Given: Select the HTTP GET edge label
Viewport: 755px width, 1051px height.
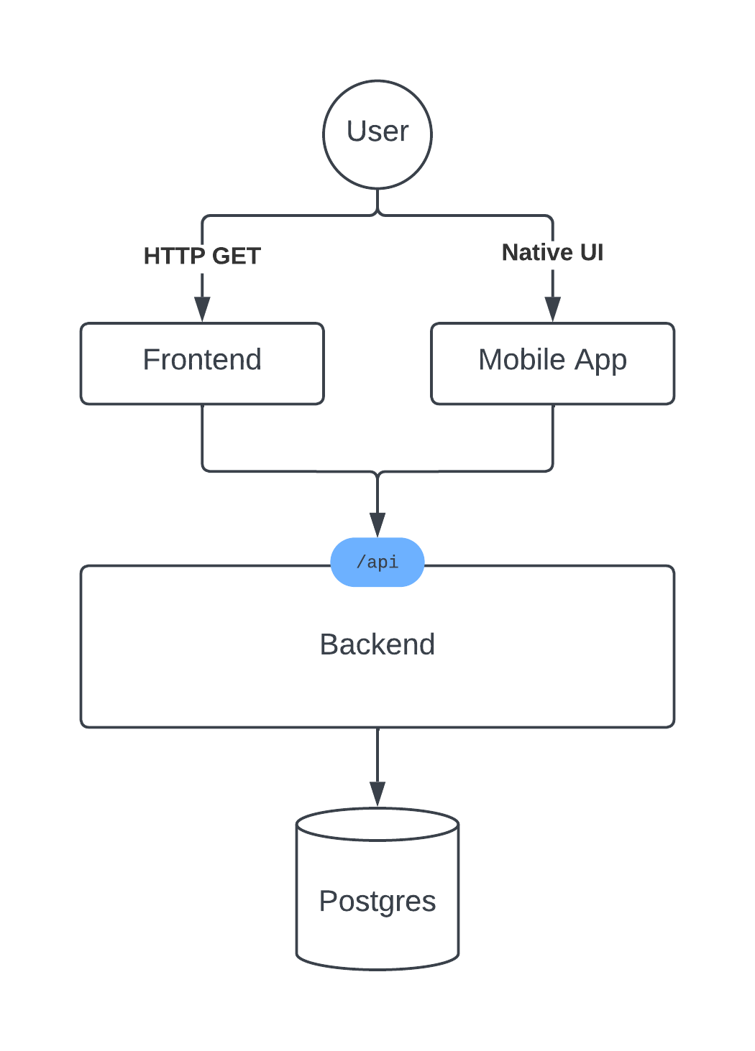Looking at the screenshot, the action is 202,256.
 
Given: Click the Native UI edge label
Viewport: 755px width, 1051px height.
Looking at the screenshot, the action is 553,252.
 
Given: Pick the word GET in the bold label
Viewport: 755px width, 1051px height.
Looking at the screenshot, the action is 236,256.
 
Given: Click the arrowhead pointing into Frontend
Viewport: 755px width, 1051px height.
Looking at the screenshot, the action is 202,309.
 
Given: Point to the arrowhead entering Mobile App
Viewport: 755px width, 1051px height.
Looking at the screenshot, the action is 553,309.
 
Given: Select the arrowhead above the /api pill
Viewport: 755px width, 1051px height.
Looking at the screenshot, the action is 377,525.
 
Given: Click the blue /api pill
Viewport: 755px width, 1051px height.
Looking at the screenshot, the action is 377,562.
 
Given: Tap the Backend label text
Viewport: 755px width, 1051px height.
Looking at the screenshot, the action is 377,644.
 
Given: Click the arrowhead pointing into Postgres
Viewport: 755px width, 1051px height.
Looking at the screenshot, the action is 377,794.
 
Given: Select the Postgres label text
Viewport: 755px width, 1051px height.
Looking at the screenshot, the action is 377,902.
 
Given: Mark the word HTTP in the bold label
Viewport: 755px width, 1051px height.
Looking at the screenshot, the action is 174,256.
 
